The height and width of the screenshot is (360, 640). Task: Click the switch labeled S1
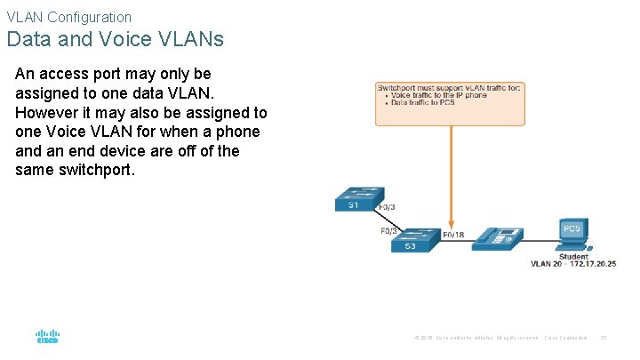[358, 198]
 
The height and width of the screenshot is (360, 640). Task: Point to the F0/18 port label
[453, 235]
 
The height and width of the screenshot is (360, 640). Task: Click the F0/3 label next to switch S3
[388, 231]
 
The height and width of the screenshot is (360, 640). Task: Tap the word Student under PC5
[573, 256]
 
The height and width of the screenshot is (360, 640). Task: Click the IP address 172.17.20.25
[590, 264]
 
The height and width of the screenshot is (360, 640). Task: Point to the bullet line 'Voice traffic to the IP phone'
[436, 95]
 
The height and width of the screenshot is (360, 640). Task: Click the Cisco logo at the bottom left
[47, 338]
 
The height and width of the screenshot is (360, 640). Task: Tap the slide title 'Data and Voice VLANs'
[115, 40]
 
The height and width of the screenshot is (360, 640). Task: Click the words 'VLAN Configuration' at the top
[68, 17]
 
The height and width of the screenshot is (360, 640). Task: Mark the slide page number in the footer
[604, 338]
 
